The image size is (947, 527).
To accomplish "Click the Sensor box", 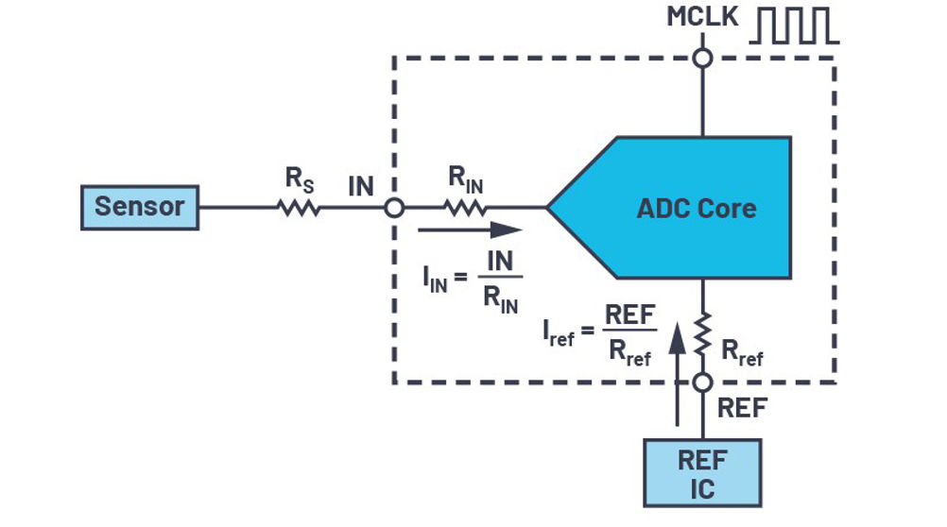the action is pos(140,207).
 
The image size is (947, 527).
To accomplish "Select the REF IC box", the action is pos(702,473).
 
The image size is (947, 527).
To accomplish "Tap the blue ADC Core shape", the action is pos(668,208).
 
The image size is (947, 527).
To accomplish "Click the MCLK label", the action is pos(702,16).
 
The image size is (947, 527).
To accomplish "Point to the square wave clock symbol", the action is pos(794,25).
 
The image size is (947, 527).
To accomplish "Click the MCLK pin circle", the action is pos(702,58).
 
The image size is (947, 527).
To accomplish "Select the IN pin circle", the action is pos(394,208).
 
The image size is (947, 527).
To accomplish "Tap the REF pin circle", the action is pos(702,382).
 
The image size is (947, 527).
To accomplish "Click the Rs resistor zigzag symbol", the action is pos(299,208).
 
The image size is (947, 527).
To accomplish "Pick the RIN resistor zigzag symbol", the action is pos(465,208).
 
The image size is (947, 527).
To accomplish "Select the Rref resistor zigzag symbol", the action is pos(702,334).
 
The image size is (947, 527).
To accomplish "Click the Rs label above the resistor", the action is pos(300,179).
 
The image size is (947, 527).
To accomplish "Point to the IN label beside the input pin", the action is pos(361,186).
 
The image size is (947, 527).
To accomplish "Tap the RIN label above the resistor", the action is pos(466,179).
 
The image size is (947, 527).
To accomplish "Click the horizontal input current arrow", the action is pos(470,229).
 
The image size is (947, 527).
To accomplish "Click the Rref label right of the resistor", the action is pos(742,352).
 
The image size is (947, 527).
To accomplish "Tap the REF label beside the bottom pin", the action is pos(742,408).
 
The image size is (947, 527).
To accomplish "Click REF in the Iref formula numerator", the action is pos(629,314).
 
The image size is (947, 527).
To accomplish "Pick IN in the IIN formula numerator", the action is pos(500,262).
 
